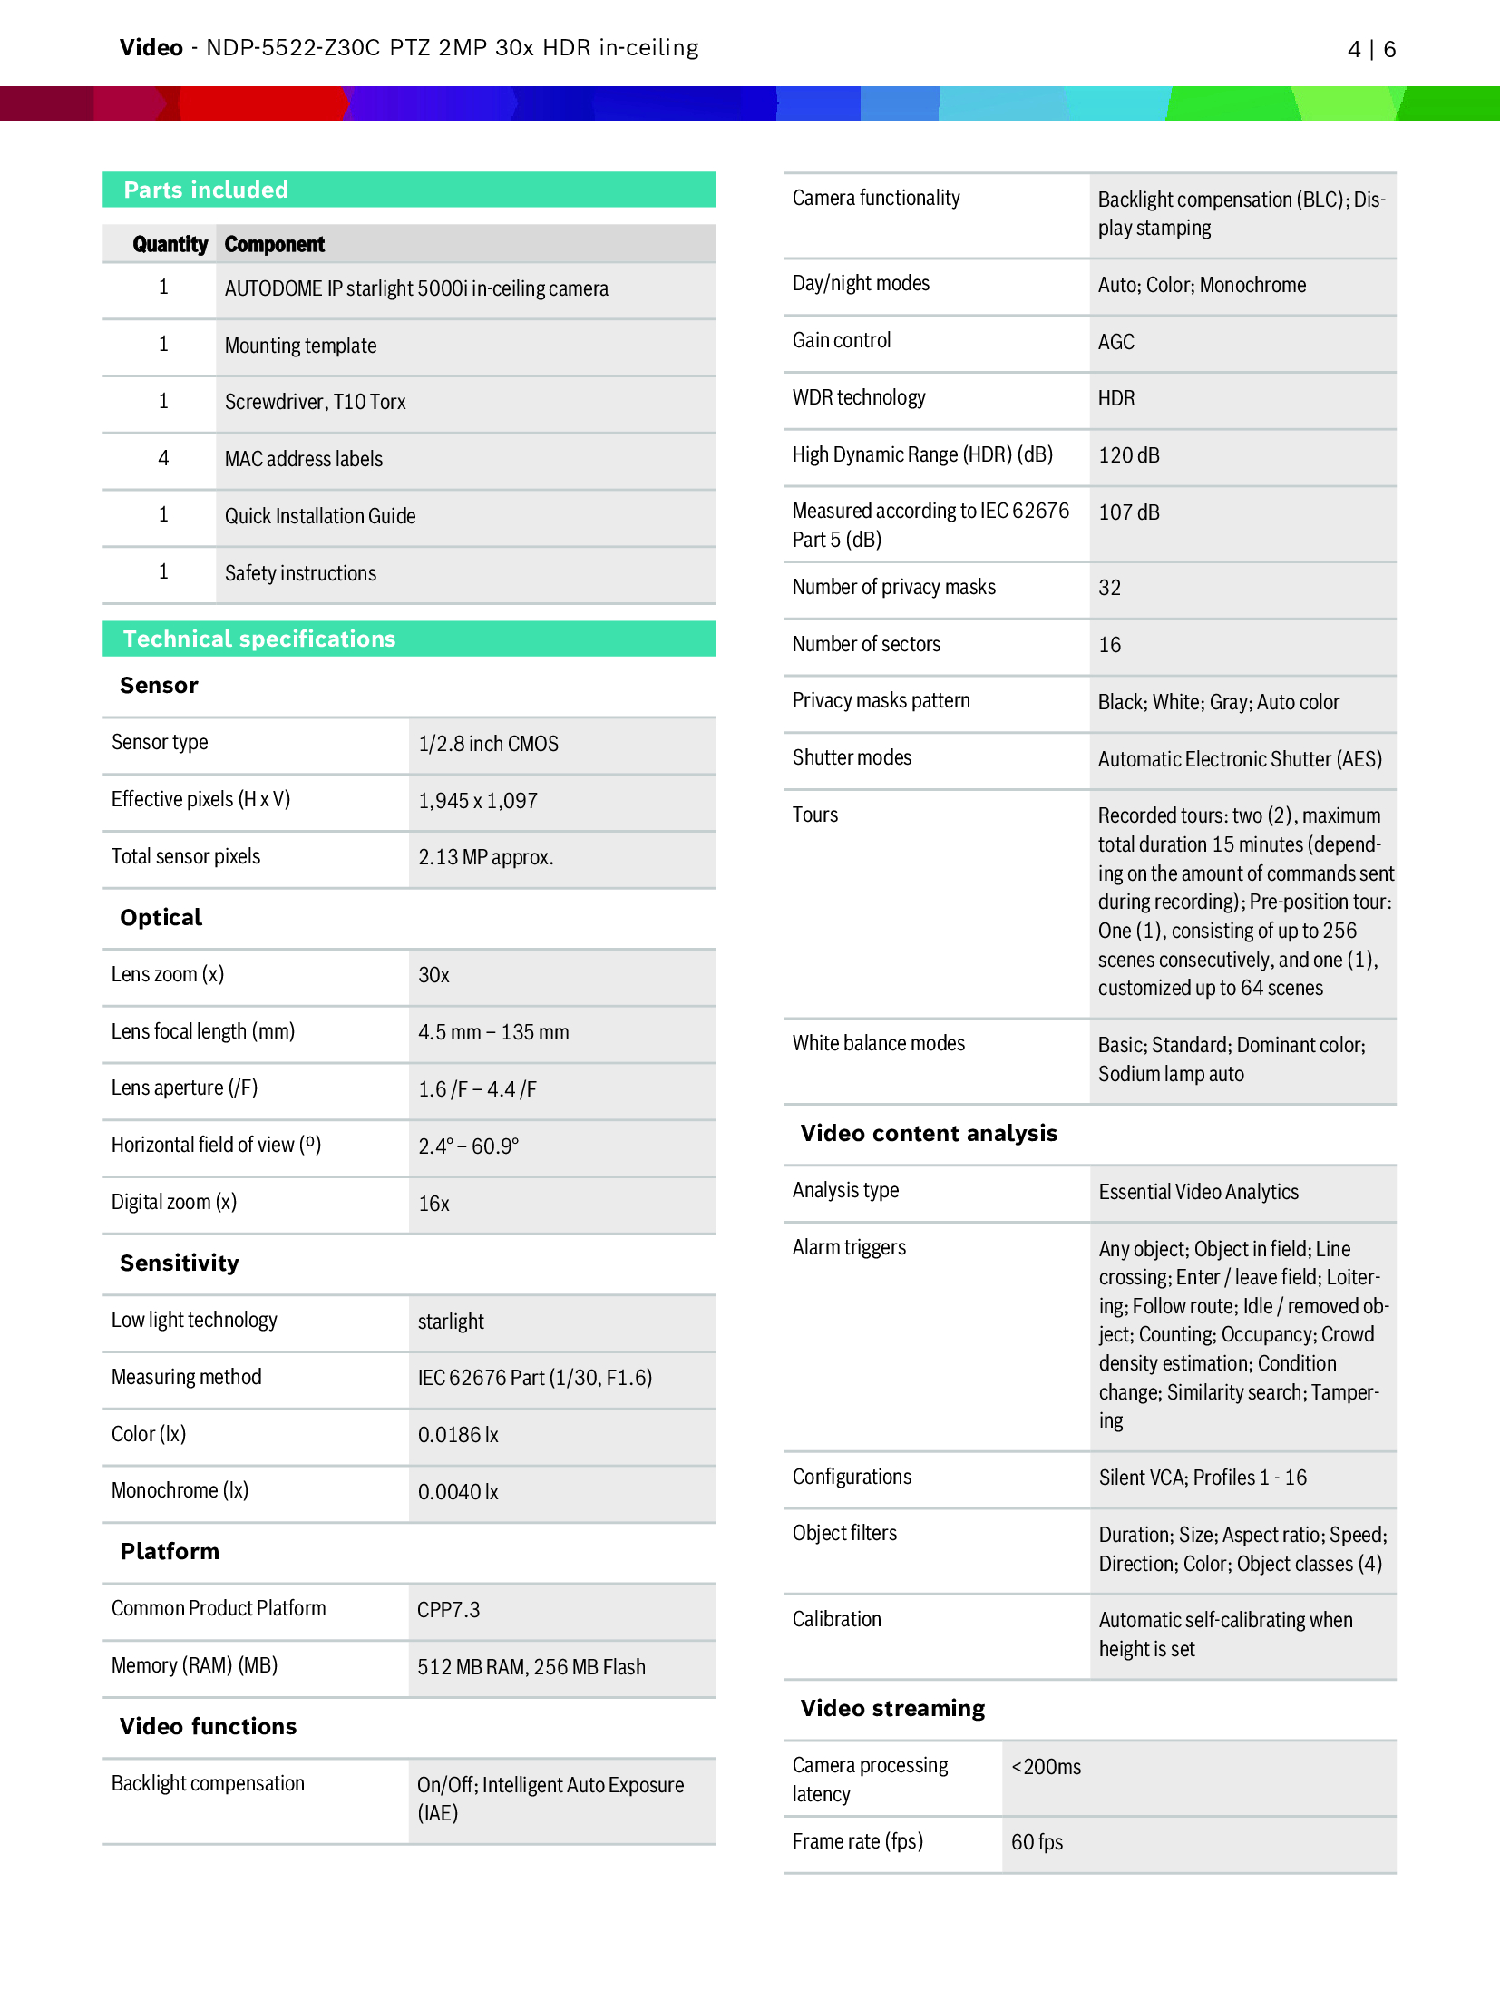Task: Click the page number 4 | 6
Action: (1370, 49)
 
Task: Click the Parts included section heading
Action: (206, 190)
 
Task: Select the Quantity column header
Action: (170, 244)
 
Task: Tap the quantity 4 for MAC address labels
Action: (163, 458)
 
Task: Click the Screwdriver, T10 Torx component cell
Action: (315, 402)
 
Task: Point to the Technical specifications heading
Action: (259, 639)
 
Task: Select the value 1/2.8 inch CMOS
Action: (488, 744)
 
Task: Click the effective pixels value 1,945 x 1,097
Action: (477, 801)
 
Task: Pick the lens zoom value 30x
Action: (433, 975)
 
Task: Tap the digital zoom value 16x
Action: (433, 1204)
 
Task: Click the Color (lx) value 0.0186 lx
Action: (458, 1435)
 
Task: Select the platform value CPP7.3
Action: (448, 1610)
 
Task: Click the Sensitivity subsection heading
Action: (180, 1263)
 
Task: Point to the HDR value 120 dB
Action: (1128, 455)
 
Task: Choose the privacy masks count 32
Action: (1109, 588)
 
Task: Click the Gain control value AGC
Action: (1115, 342)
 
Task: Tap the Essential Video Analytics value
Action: (1198, 1192)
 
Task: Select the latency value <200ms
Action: (1046, 1767)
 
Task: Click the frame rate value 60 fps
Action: (1037, 1842)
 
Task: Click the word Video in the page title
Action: (151, 48)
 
